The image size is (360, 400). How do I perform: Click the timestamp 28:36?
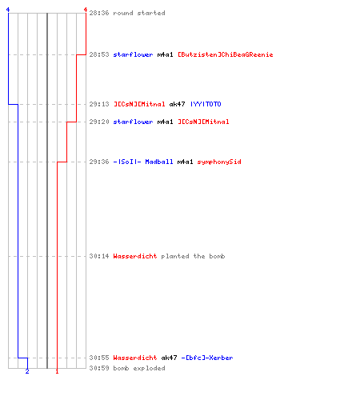(99, 13)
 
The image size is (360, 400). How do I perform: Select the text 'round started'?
(139, 13)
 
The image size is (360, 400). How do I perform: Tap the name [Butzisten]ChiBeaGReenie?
(226, 54)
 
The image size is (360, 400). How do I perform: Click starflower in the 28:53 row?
(133, 54)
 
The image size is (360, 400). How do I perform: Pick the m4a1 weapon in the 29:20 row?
(165, 122)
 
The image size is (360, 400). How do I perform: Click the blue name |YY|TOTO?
(206, 104)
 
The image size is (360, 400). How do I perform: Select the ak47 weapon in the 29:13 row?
(177, 104)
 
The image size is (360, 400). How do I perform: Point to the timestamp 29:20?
(99, 122)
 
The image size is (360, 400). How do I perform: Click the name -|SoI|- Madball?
(143, 162)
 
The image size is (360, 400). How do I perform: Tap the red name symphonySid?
(219, 162)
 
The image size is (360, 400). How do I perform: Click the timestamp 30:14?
(99, 256)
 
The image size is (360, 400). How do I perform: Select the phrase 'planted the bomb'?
(193, 256)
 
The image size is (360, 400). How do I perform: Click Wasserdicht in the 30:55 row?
(135, 358)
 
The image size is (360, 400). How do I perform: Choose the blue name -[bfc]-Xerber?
(207, 358)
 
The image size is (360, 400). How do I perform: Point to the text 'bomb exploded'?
(139, 368)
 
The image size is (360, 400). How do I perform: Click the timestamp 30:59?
(99, 368)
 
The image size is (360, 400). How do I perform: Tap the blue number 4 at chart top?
(8, 10)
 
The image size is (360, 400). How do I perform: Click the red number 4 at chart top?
(86, 10)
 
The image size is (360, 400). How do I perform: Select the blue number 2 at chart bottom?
(27, 371)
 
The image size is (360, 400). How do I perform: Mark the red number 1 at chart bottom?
(57, 371)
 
